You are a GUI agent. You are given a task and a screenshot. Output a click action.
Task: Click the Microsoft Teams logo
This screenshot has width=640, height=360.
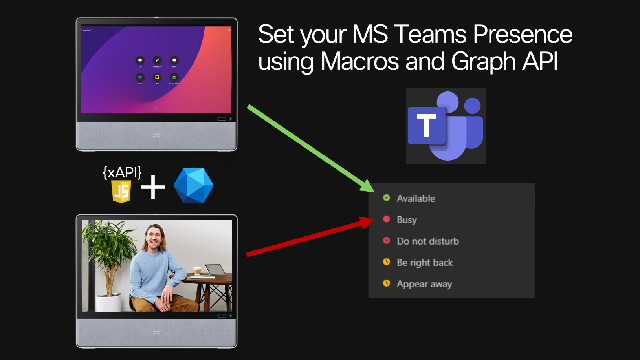pyautogui.click(x=446, y=126)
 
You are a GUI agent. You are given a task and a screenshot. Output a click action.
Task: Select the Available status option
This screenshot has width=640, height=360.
pyautogui.click(x=416, y=199)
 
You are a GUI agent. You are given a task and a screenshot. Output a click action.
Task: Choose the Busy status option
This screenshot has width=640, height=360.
pyautogui.click(x=406, y=220)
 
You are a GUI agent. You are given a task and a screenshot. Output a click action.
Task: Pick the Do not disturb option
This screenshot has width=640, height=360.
pyautogui.click(x=427, y=241)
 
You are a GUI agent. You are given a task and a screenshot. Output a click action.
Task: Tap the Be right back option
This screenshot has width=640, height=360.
pyautogui.click(x=424, y=263)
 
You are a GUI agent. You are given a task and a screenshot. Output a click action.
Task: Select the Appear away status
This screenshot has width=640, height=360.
pyautogui.click(x=424, y=284)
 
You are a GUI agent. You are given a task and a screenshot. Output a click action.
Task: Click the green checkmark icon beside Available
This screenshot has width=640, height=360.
pyautogui.click(x=387, y=198)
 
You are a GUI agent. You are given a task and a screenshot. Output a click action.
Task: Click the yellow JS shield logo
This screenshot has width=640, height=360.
pyautogui.click(x=121, y=192)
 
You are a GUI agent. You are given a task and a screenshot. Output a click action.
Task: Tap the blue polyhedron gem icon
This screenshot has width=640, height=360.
pyautogui.click(x=193, y=186)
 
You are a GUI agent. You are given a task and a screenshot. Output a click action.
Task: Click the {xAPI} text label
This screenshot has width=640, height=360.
pyautogui.click(x=122, y=172)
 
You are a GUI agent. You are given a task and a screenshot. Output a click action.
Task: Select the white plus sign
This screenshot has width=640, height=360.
pyautogui.click(x=153, y=187)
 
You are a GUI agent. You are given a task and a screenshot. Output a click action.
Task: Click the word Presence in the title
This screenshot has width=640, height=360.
pyautogui.click(x=523, y=35)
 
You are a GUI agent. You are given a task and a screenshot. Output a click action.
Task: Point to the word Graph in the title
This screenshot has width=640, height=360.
pyautogui.click(x=483, y=62)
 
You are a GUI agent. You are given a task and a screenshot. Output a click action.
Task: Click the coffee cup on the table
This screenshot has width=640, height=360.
pyautogui.click(x=197, y=271)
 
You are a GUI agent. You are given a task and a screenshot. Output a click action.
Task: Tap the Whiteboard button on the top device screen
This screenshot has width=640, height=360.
pyautogui.click(x=157, y=60)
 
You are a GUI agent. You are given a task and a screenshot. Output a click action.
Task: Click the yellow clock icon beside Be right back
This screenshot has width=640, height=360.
pyautogui.click(x=387, y=262)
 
